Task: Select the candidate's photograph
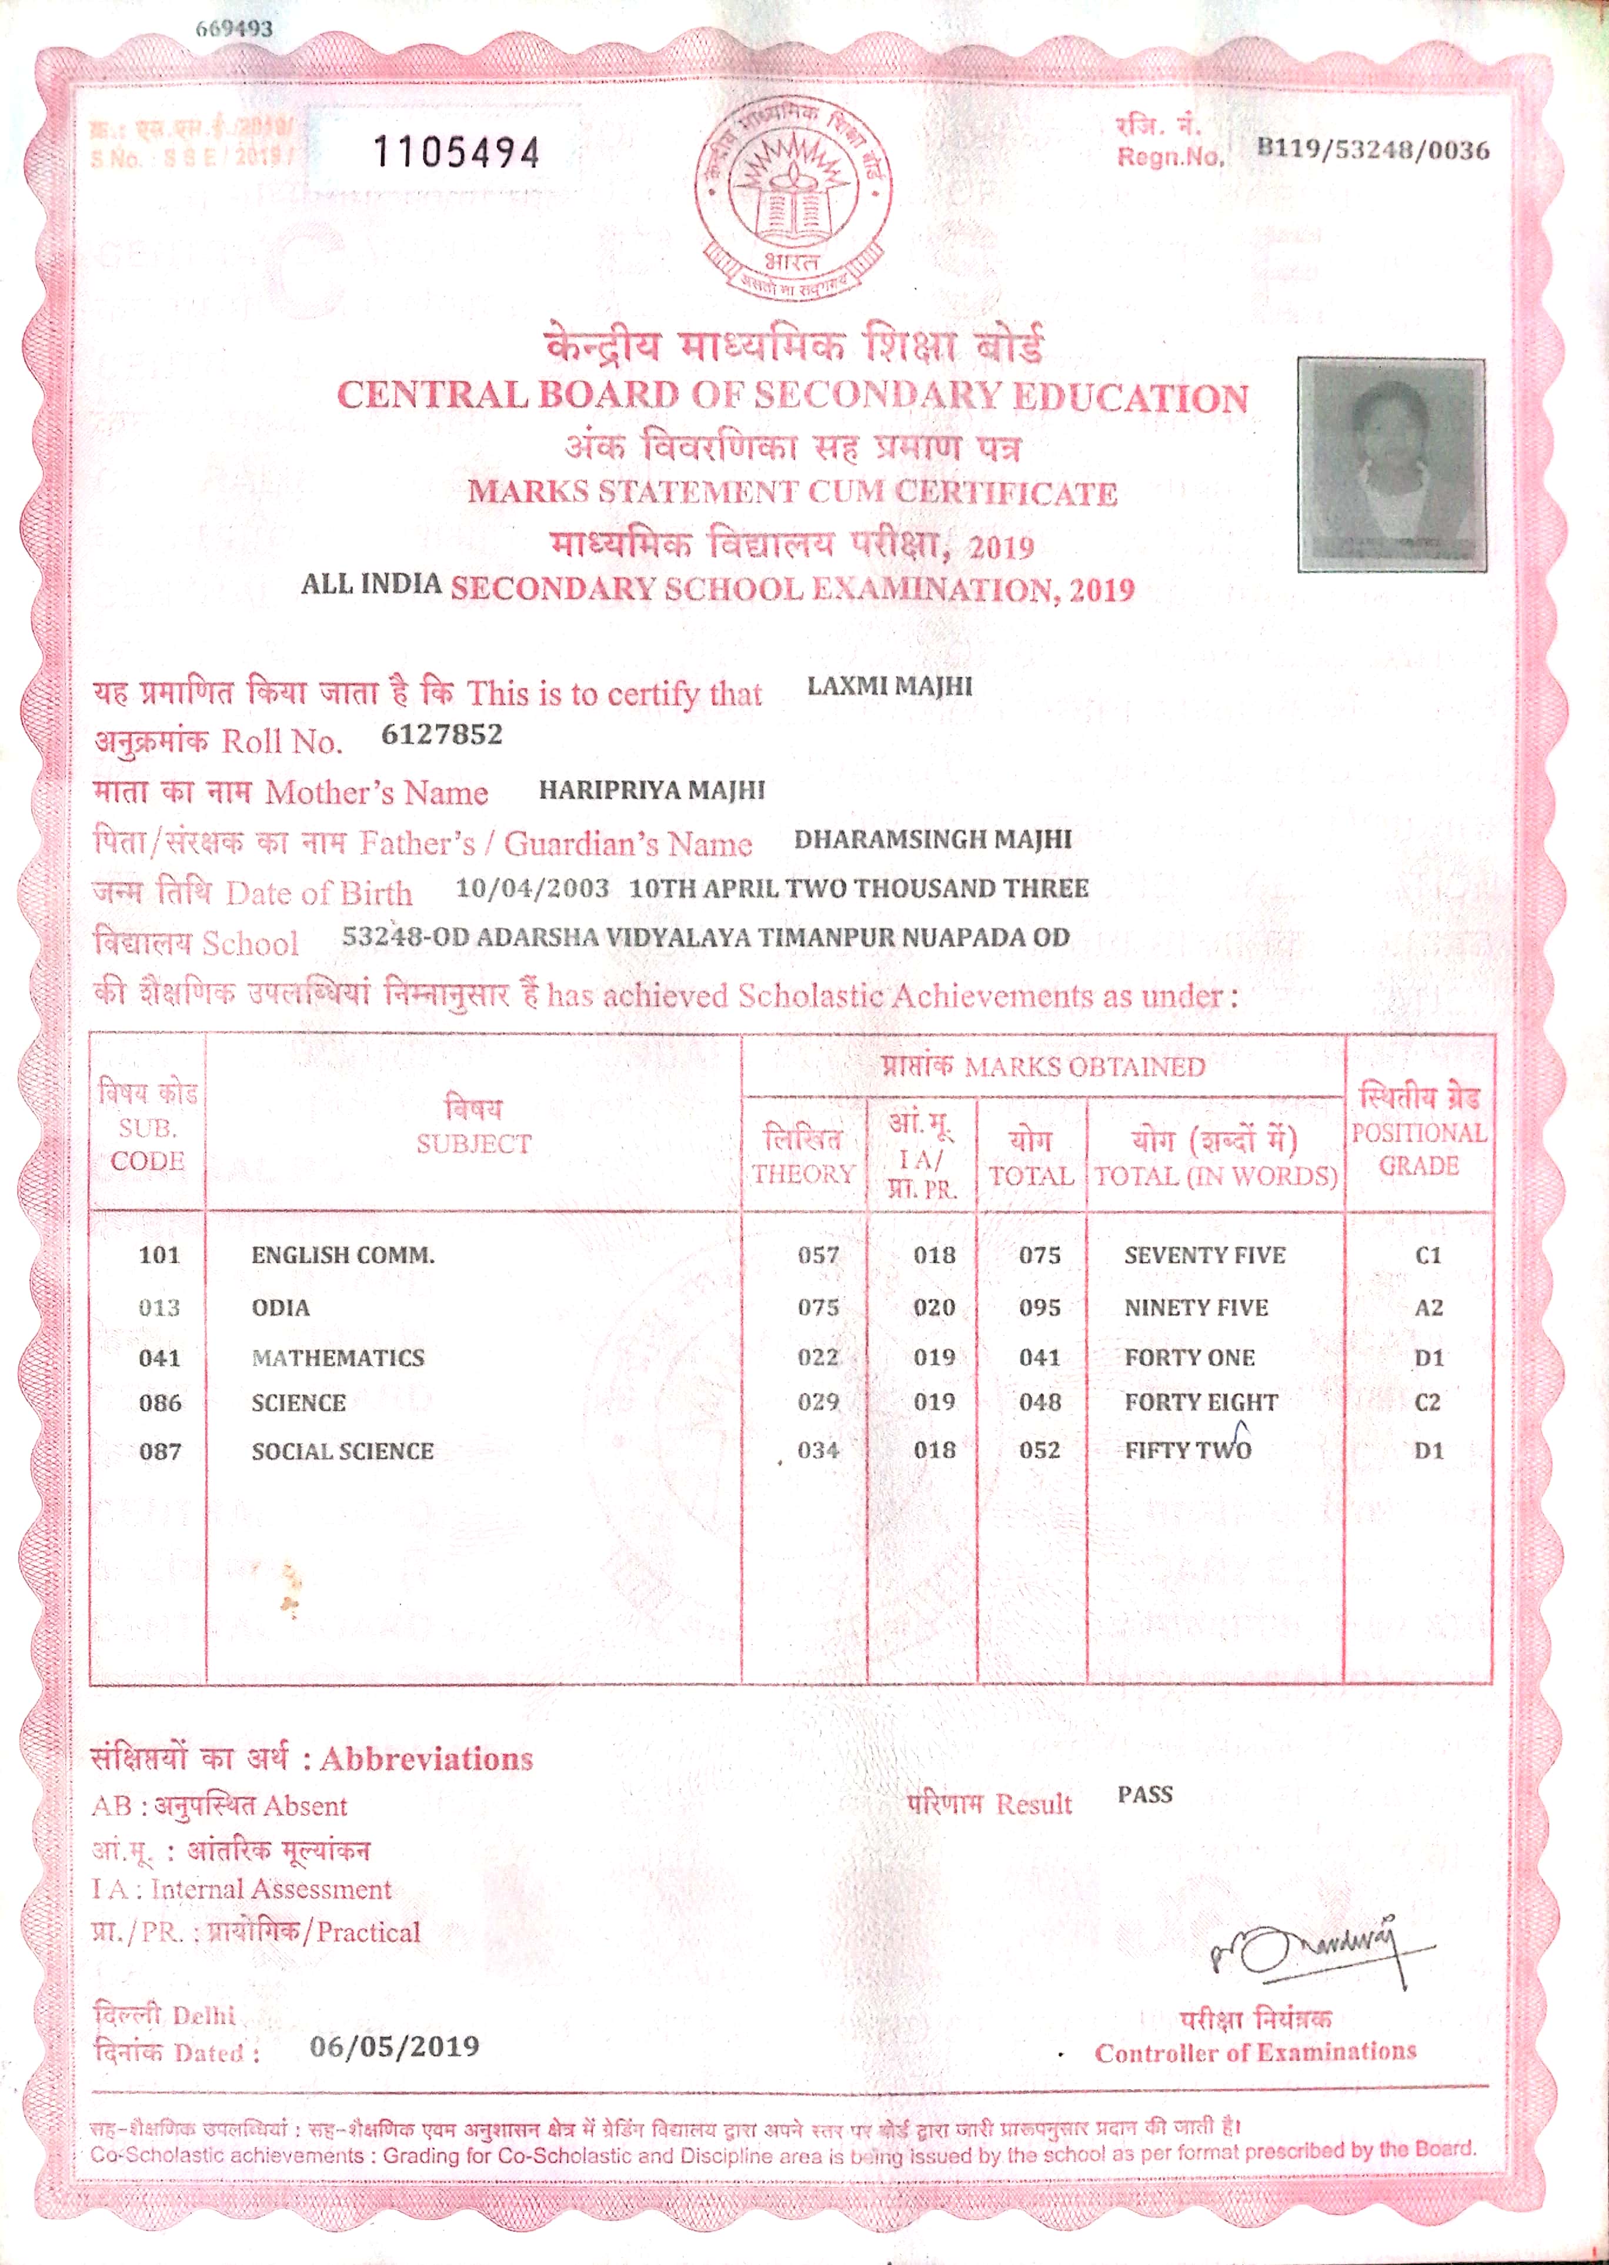click(1391, 465)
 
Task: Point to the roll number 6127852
click(442, 735)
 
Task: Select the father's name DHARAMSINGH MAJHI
click(932, 839)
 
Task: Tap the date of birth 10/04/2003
click(532, 887)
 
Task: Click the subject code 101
click(159, 1255)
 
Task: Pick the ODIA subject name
click(281, 1307)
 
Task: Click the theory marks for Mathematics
click(819, 1357)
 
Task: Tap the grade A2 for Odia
click(1428, 1307)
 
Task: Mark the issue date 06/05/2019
click(395, 2046)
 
